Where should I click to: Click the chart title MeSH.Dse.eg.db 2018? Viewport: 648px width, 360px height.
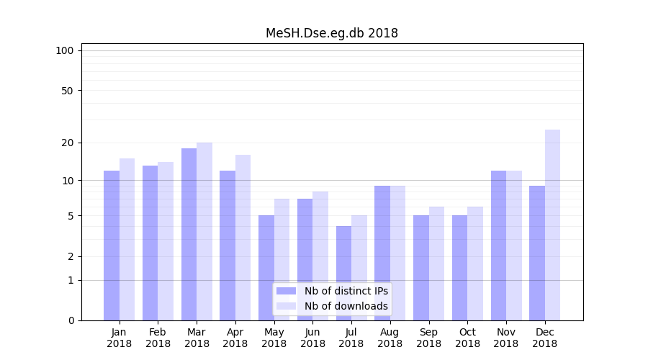[x=331, y=33]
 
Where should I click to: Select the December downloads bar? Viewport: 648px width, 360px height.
[x=552, y=225]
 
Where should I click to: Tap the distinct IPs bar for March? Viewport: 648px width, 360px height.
[x=189, y=234]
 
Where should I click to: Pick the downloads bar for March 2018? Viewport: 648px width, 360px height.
[x=204, y=231]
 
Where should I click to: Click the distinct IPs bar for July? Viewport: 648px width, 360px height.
[x=343, y=273]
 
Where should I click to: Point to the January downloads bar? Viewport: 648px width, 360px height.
[x=127, y=239]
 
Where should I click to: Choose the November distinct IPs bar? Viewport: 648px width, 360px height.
[x=498, y=245]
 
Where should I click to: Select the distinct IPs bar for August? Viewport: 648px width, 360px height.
[x=382, y=253]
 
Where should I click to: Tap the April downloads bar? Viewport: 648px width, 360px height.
[x=243, y=238]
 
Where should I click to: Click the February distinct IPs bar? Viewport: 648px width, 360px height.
[x=150, y=243]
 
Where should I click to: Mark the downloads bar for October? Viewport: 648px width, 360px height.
[x=475, y=264]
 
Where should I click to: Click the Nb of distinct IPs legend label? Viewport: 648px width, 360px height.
[x=346, y=291]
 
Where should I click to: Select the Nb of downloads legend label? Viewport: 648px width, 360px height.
[x=346, y=306]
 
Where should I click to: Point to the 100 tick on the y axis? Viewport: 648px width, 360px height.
[x=65, y=50]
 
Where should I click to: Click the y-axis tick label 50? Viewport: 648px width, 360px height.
[x=67, y=91]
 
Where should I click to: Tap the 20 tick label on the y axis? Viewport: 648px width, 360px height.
[x=67, y=143]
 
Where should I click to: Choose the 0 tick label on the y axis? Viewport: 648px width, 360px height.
[x=71, y=320]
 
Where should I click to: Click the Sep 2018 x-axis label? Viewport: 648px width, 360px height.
[x=428, y=338]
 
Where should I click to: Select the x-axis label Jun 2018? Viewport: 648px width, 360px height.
[x=312, y=338]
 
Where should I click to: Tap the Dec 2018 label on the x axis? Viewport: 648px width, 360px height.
[x=544, y=338]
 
